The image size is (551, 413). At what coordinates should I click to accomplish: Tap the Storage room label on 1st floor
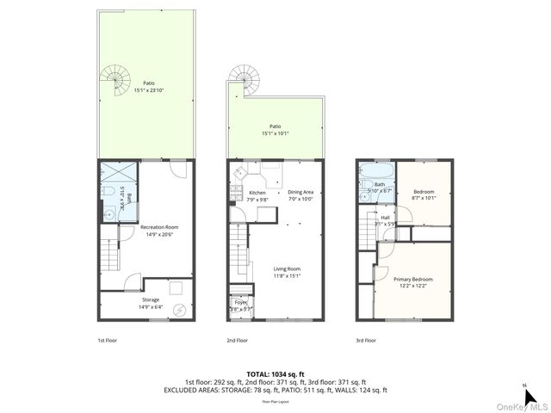tap(150, 300)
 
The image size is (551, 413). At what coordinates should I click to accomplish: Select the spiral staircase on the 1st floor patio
tap(115, 82)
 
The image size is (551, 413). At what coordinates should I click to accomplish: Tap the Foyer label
tap(239, 303)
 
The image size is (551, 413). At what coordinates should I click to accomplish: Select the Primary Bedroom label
tap(413, 280)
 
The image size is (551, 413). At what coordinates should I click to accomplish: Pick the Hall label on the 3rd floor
tap(385, 218)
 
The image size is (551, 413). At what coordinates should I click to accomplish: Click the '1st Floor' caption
tap(108, 340)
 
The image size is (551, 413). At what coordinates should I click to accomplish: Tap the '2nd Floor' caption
tap(237, 340)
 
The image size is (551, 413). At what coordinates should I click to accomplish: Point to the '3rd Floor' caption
tap(366, 340)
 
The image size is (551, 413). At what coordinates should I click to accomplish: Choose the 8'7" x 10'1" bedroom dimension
tap(424, 197)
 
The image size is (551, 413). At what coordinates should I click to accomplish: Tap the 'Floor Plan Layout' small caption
tap(275, 402)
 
